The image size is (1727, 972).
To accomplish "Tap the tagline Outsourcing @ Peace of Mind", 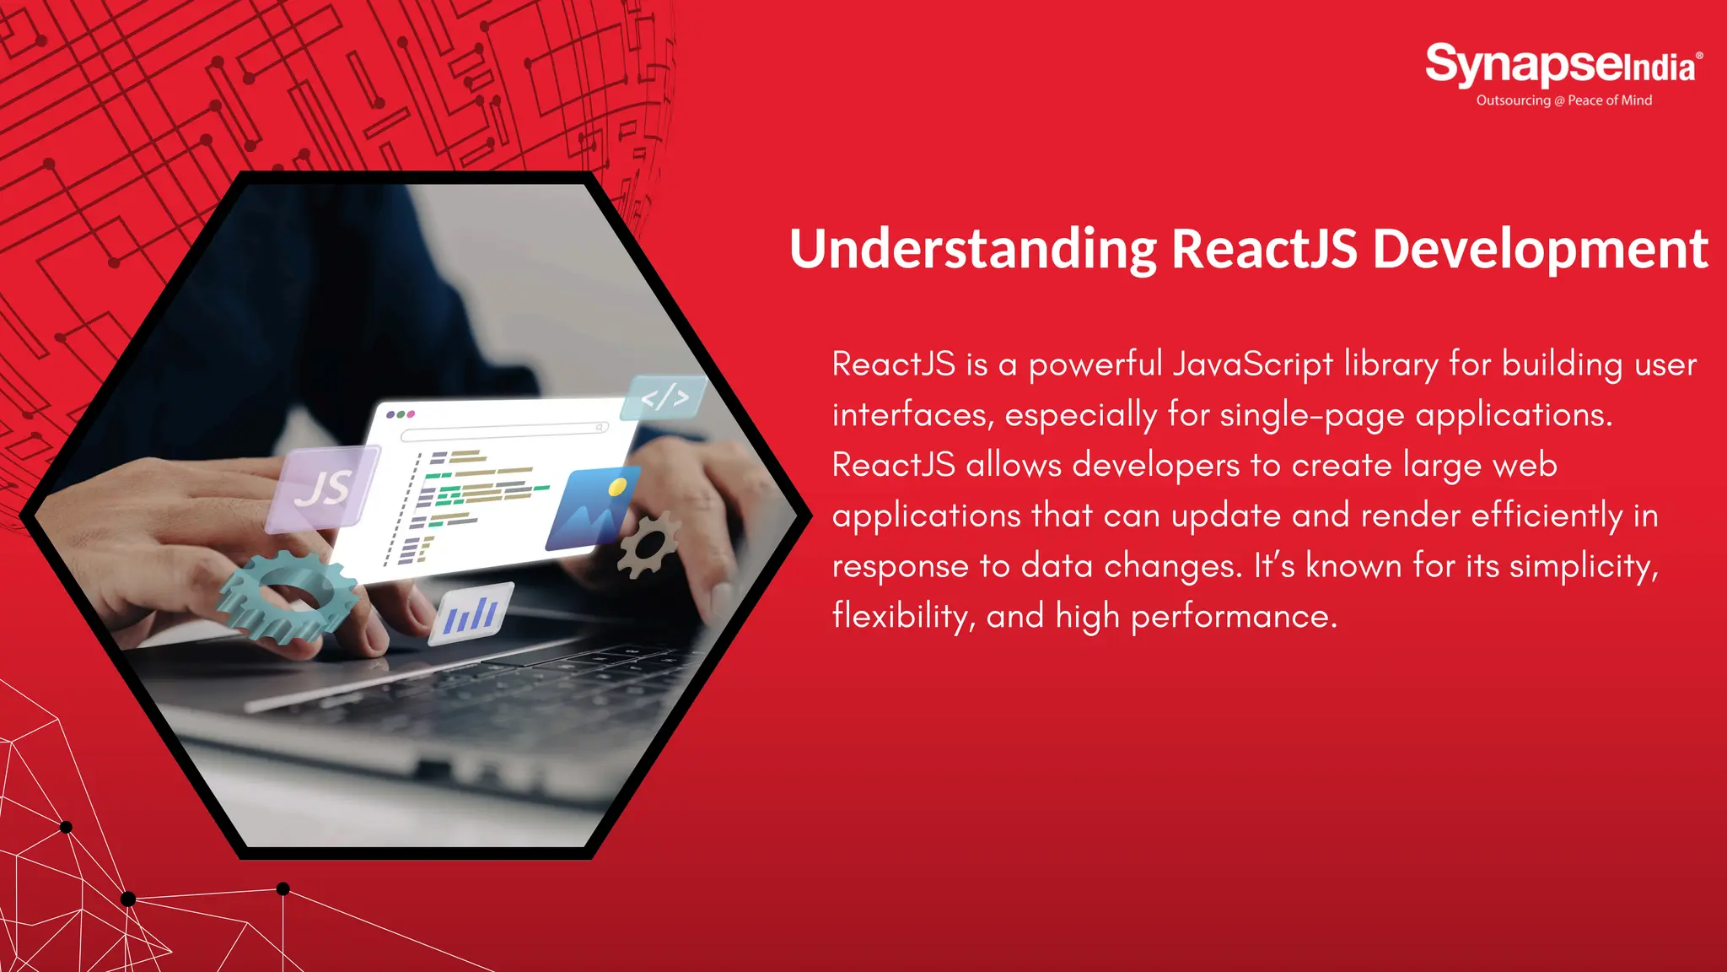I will (1563, 100).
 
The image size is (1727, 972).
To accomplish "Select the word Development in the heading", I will (1540, 250).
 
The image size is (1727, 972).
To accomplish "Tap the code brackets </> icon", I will (664, 397).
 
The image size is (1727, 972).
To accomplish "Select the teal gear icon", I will (287, 596).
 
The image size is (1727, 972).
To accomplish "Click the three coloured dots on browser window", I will (400, 414).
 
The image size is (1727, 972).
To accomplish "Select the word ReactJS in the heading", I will (1264, 250).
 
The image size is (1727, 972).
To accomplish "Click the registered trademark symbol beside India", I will (1699, 56).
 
